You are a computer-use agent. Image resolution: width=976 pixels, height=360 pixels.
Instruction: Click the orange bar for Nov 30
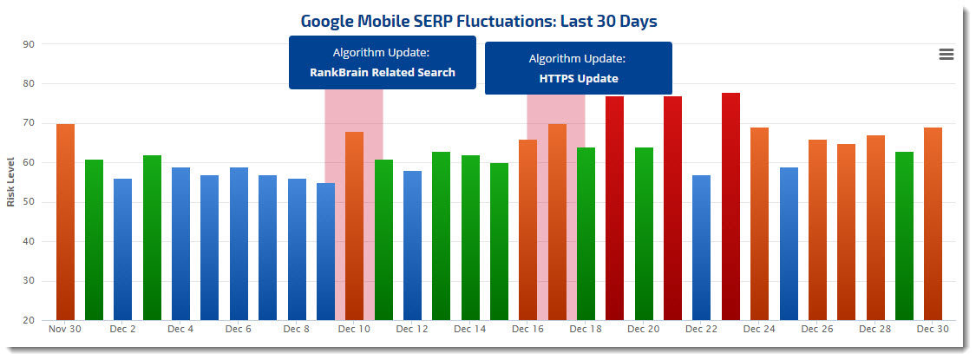click(65, 222)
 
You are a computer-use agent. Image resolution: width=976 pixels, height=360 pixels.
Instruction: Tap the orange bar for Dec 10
click(354, 226)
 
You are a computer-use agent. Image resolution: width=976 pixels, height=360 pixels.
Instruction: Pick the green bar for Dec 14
click(470, 238)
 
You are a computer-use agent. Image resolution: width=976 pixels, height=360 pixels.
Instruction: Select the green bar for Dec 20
click(644, 233)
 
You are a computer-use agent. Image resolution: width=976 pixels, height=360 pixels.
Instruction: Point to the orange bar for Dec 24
click(759, 224)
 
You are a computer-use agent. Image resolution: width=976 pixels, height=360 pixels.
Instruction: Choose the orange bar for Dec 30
click(933, 224)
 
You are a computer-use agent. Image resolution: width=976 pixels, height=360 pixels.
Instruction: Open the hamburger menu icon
click(946, 55)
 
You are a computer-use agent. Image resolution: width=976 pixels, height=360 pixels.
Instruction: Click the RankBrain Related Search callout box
click(383, 62)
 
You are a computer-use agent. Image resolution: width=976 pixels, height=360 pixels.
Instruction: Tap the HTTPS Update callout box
click(578, 69)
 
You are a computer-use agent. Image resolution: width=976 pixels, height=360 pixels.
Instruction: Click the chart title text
click(479, 20)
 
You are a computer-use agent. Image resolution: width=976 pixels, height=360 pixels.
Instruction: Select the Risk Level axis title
click(11, 182)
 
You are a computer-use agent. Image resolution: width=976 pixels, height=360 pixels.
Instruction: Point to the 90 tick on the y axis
click(29, 44)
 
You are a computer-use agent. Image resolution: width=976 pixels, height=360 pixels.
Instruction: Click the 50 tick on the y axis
click(29, 202)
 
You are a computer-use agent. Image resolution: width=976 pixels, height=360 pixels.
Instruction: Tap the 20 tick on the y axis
click(29, 320)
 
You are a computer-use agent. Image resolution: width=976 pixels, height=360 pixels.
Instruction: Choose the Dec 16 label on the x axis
click(527, 330)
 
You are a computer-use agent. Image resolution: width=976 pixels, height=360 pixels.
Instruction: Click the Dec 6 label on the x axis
click(238, 330)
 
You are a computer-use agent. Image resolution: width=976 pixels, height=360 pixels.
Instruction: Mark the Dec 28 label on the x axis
click(874, 330)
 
